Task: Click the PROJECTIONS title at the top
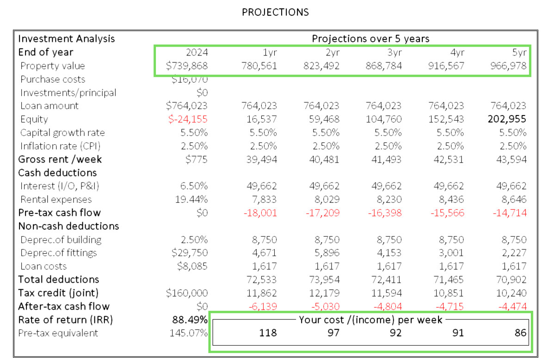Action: [275, 12]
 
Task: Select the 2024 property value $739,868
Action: [187, 66]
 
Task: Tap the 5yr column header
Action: [519, 52]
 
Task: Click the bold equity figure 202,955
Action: [507, 119]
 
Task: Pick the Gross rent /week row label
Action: [60, 159]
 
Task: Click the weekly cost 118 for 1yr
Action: [268, 333]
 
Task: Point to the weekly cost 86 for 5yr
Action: [520, 333]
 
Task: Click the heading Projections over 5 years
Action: [370, 39]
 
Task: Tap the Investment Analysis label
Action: [67, 39]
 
